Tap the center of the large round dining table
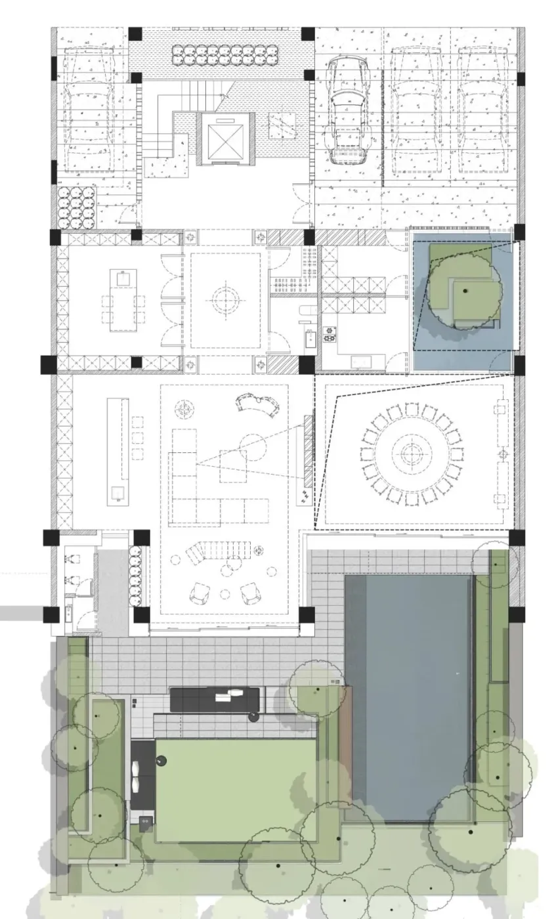[x=411, y=454]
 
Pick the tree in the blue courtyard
[x=465, y=289]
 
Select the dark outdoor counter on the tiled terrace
[x=215, y=699]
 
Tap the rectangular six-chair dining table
[x=123, y=303]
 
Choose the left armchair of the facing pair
[x=199, y=593]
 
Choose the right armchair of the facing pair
[x=250, y=593]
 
